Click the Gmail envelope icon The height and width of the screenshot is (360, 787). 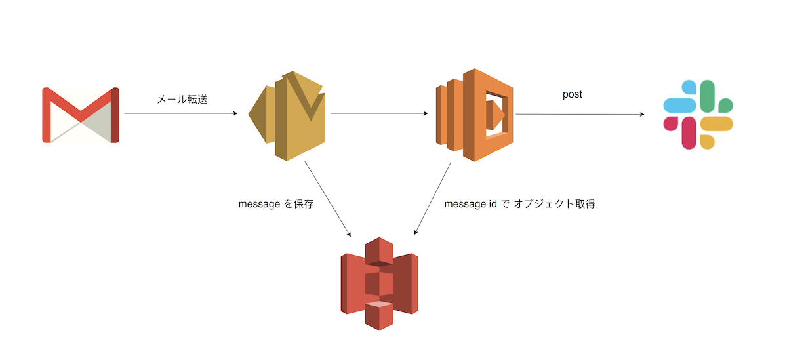[81, 115]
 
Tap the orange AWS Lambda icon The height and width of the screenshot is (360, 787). [475, 115]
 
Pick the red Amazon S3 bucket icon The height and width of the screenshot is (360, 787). [379, 283]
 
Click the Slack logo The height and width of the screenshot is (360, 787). [698, 115]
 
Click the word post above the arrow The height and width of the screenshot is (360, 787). [573, 94]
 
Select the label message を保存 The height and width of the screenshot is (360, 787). [276, 204]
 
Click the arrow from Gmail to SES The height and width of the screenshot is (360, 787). [180, 114]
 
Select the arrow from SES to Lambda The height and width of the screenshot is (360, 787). [379, 114]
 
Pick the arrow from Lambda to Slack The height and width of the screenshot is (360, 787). [580, 115]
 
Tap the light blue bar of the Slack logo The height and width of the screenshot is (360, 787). [680, 105]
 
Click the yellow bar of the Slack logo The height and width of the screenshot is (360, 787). [716, 125]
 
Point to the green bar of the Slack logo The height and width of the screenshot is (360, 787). [708, 96]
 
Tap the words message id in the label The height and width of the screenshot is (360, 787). [470, 204]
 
